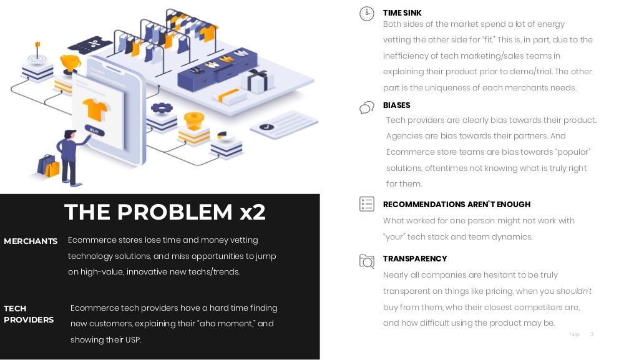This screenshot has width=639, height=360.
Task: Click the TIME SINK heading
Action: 402,13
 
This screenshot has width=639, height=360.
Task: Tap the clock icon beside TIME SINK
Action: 367,14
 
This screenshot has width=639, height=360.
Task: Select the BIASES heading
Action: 396,105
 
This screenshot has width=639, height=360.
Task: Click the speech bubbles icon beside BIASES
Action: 367,107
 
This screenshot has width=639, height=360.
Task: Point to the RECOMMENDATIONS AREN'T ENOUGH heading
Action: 456,204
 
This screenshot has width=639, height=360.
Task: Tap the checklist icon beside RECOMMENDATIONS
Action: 367,204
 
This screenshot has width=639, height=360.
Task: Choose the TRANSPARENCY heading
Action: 414,258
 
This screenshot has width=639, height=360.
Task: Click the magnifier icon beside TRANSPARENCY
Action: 367,261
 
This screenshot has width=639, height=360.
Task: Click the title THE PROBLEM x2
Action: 165,213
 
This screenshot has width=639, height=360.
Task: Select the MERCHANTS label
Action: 31,241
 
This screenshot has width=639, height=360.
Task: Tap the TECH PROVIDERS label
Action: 28,314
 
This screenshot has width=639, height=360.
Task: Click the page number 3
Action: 592,334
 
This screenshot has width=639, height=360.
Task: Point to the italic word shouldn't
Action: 574,291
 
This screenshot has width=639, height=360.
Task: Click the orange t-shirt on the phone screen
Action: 95,110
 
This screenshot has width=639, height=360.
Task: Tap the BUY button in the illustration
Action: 95,131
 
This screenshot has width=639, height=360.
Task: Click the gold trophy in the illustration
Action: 70,63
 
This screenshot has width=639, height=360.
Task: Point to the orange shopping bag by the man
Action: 52,168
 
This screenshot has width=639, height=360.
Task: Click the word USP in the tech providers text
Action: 133,340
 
